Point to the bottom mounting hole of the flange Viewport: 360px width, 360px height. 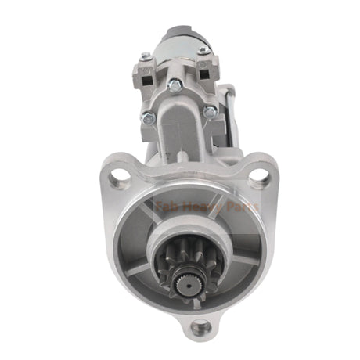click(201, 326)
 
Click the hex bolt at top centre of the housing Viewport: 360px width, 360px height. click(176, 85)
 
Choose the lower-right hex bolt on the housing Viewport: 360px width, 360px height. click(209, 112)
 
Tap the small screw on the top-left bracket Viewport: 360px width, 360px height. click(145, 57)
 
